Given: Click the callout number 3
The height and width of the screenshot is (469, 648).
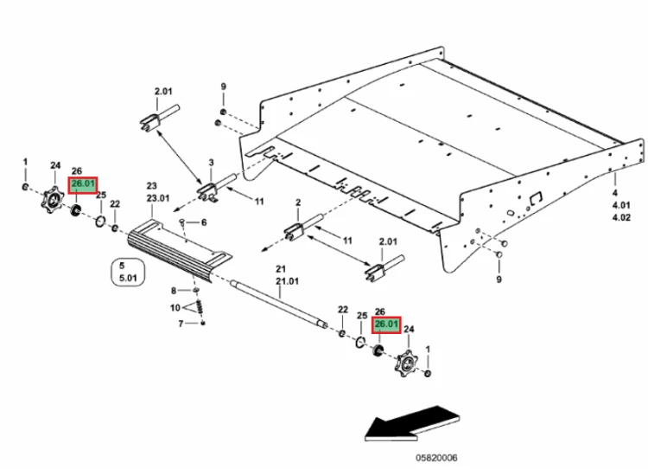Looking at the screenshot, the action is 211,163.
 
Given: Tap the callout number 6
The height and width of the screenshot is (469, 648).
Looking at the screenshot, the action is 204,222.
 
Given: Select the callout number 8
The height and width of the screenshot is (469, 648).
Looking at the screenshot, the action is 174,291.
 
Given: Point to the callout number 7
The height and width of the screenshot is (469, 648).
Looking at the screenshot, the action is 181,324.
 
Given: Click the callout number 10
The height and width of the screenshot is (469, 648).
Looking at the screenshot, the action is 175,307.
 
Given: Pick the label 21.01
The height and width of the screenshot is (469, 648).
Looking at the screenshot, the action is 287,281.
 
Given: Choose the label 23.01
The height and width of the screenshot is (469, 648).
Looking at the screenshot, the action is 158,198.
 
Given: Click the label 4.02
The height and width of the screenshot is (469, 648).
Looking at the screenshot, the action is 621,217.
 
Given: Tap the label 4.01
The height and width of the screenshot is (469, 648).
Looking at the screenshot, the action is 620,205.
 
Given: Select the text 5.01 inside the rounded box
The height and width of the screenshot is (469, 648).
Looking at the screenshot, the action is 128,278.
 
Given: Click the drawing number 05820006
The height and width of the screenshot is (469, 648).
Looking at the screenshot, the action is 436,458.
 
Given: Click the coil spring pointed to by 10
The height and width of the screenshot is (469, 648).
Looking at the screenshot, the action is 200,307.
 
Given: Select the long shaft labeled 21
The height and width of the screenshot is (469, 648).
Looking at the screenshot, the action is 279,304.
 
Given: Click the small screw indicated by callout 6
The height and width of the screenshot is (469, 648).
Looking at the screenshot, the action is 182,223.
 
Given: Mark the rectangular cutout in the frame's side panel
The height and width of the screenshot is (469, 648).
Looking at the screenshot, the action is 536,198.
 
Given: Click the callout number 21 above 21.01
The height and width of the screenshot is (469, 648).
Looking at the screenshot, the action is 281,269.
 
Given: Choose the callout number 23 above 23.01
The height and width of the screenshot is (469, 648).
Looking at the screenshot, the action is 152,186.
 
